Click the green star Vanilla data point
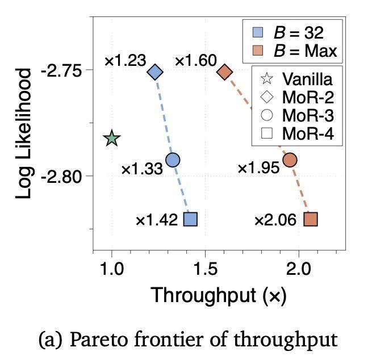(x=112, y=138)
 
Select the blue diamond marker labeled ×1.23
(x=155, y=72)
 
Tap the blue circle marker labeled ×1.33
(x=173, y=160)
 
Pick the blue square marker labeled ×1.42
(x=191, y=219)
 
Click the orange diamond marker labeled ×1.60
(x=225, y=72)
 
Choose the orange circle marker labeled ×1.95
(x=290, y=160)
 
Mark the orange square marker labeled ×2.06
(x=311, y=219)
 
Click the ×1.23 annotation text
(x=126, y=60)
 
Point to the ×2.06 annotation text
(x=275, y=220)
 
